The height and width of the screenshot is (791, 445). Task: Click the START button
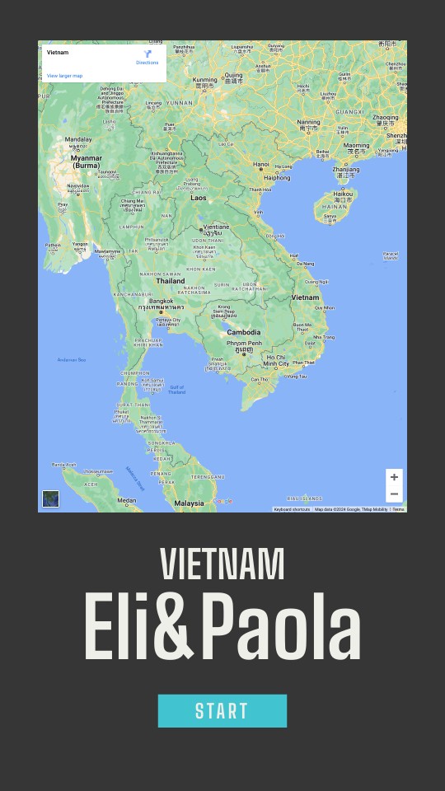coord(222,711)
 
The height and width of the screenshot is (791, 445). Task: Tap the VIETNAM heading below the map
coord(222,564)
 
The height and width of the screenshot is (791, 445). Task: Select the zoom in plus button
coord(394,477)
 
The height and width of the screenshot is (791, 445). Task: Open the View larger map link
coord(64,76)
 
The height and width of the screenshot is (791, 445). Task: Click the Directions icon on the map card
coord(148,54)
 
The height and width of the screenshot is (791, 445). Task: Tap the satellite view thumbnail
coord(51,498)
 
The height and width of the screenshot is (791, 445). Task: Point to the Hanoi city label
coord(261,164)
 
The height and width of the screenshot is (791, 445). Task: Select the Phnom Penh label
coord(244,343)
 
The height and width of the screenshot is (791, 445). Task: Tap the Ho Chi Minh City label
coord(276,360)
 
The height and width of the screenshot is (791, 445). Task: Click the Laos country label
coord(199,198)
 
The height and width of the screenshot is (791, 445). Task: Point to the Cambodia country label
coord(244,332)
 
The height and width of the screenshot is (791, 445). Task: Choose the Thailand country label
coord(171,281)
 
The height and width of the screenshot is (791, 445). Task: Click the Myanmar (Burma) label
coord(87,161)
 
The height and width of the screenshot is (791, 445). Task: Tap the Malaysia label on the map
coord(189,503)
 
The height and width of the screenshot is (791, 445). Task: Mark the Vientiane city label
coord(217,227)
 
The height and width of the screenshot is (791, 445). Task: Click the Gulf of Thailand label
coord(177,389)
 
